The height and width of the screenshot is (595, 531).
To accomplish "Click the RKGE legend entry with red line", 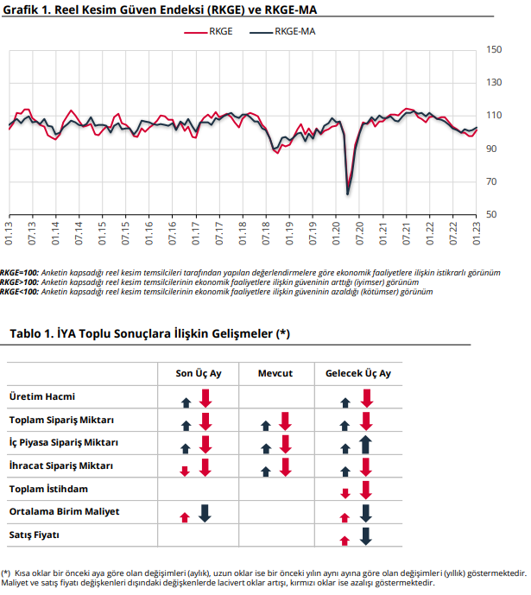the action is tap(208, 31).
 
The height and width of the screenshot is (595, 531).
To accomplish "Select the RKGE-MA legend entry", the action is tap(282, 31).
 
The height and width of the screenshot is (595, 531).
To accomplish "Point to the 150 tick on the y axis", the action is tap(494, 50).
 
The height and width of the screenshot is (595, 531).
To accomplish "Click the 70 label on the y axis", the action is tap(491, 181).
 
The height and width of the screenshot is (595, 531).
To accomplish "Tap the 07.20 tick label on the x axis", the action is tap(359, 233).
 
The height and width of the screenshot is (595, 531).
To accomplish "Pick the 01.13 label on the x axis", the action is tap(9, 233).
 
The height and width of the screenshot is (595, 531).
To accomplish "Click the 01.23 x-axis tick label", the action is tap(476, 233).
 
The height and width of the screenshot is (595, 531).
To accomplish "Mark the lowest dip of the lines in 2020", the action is tap(347, 194).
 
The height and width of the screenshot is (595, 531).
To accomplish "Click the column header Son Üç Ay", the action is tap(199, 373).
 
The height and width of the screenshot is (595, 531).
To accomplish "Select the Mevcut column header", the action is tap(275, 373).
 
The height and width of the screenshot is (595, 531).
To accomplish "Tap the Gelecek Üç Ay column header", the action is tap(358, 373).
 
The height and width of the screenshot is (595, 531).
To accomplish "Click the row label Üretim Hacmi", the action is tap(42, 396).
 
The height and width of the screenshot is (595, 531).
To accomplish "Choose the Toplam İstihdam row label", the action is tap(48, 489).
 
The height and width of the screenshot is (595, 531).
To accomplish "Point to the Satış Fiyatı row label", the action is tap(35, 535).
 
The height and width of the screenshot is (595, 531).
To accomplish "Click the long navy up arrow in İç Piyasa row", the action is tap(365, 445).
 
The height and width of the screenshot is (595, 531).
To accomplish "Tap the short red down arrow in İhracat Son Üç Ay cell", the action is tap(185, 472).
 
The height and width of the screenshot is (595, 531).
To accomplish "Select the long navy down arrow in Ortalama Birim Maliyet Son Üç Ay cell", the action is tap(205, 514).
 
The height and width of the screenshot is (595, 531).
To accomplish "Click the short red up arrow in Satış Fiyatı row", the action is tap(345, 541).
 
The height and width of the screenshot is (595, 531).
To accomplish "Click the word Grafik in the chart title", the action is tap(21, 9).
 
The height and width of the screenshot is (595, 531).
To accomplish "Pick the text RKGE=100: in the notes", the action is tap(19, 272).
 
